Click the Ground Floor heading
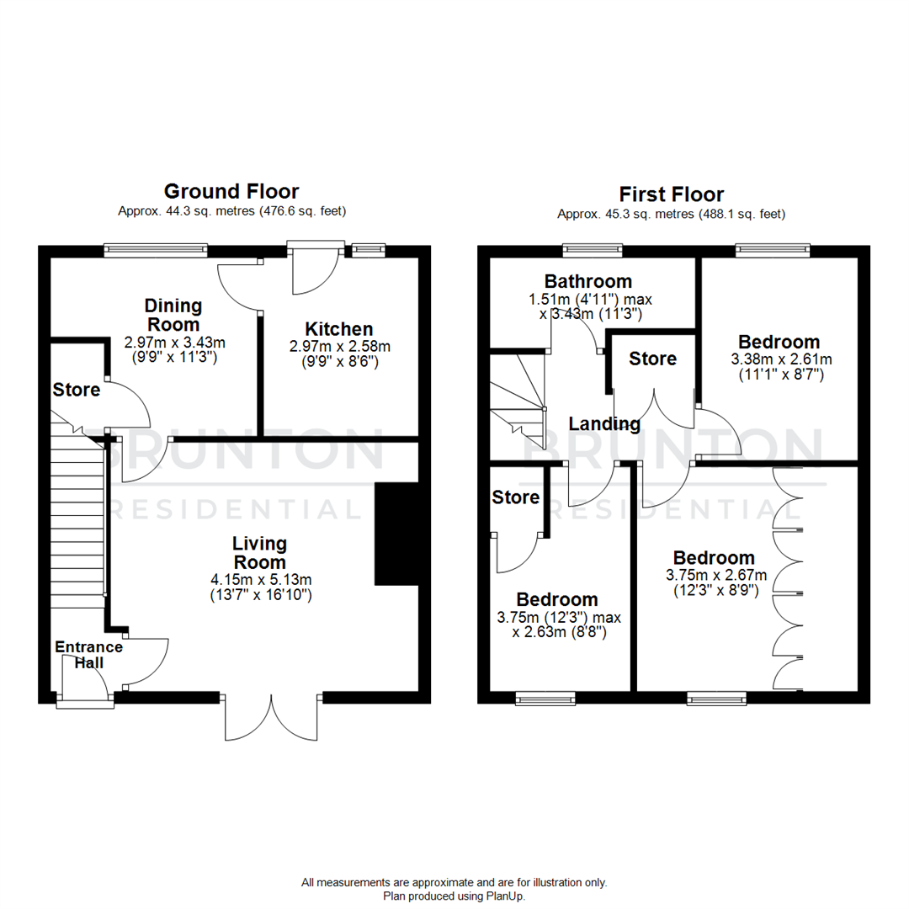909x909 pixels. tap(231, 191)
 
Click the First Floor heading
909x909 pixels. tap(671, 194)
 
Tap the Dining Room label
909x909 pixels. tap(173, 315)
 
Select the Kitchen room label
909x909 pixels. tap(339, 329)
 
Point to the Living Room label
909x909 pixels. tap(260, 553)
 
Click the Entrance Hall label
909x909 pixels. tap(88, 655)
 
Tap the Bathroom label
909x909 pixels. tap(587, 281)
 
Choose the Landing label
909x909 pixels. tap(604, 423)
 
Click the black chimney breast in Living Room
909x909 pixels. tap(396, 533)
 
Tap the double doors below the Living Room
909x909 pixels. tap(272, 717)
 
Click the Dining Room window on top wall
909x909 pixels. tap(156, 250)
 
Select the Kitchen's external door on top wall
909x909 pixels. tap(316, 268)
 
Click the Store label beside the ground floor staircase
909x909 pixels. tap(77, 390)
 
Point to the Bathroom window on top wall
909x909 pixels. tap(593, 250)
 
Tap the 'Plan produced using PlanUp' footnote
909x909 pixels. tap(454, 896)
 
